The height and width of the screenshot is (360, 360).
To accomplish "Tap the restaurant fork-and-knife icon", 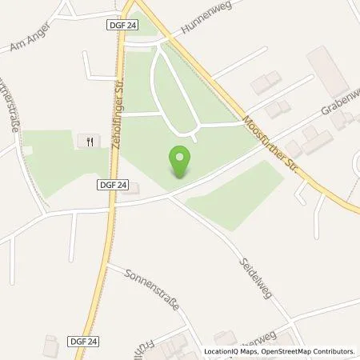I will click(88, 142).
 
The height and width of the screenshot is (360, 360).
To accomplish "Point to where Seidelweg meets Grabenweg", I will click(170, 198).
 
